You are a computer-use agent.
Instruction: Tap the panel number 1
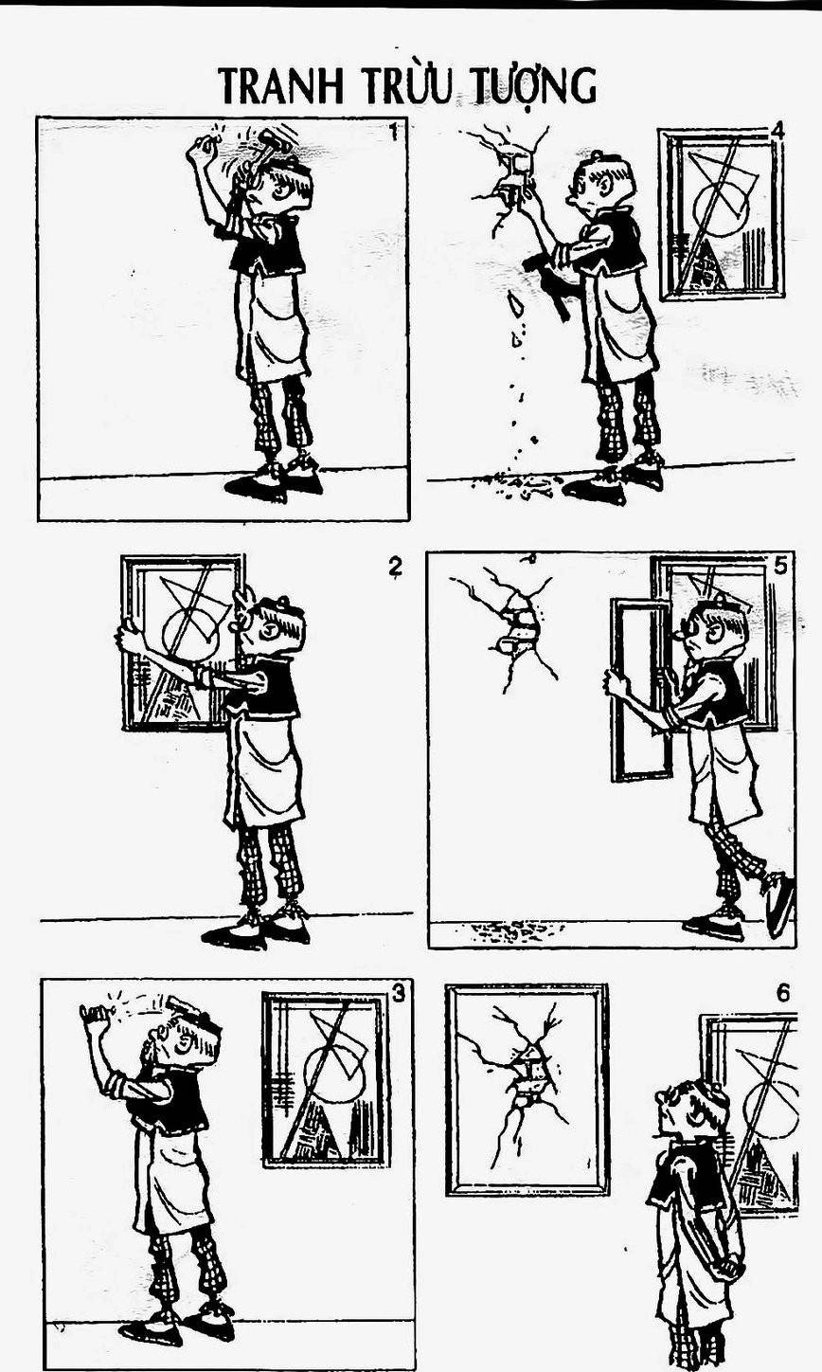coord(394,132)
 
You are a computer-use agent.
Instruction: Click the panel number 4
coord(777,131)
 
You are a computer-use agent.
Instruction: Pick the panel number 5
coord(779,566)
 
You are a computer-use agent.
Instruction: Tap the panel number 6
coord(783,993)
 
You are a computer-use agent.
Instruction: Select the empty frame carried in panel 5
coord(641,690)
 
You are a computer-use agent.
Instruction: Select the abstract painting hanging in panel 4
coord(721,215)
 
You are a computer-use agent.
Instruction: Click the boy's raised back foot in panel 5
coord(781,904)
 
